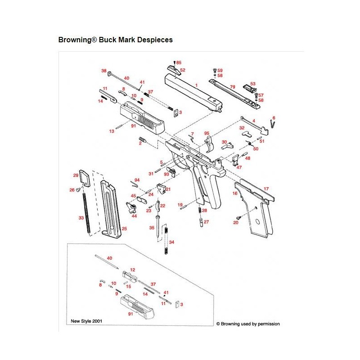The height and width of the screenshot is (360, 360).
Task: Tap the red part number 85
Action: [179, 63]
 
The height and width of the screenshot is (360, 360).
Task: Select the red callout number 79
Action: [233, 86]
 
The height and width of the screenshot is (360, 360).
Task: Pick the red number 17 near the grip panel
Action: [266, 189]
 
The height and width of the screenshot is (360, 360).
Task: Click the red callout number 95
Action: [207, 134]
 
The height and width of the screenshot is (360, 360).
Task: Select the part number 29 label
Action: [76, 175]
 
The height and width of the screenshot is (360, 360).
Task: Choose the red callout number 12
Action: [133, 270]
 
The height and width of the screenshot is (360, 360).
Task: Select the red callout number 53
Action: [252, 84]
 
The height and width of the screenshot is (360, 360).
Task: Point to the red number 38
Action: [103, 71]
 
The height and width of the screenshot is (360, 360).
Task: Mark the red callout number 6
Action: [274, 117]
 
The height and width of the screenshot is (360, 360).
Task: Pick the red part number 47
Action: [239, 167]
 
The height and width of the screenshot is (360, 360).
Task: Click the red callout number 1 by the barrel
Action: [196, 85]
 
